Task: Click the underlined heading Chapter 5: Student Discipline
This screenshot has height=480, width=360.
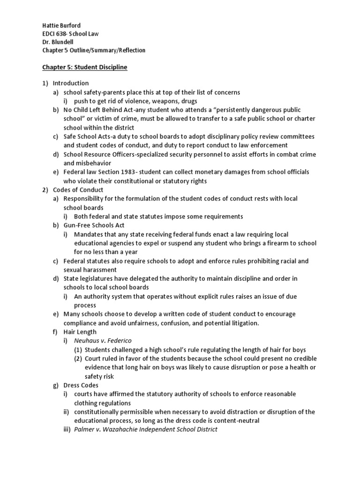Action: (x=84, y=67)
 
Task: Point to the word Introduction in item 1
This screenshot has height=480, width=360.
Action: (x=71, y=83)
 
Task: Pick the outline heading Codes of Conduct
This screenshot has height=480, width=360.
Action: (x=75, y=190)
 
